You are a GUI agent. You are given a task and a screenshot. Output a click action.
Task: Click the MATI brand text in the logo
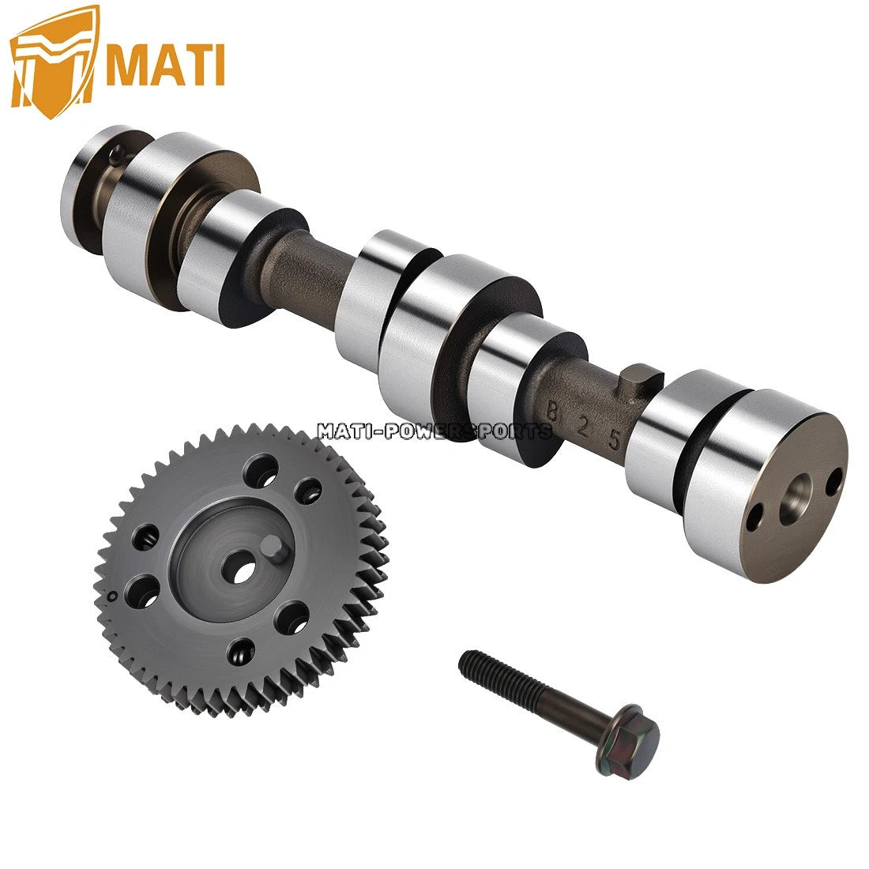164,65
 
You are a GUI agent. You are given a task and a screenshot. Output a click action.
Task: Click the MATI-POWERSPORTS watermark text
434,431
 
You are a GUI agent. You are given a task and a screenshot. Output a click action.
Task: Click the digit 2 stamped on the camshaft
582,427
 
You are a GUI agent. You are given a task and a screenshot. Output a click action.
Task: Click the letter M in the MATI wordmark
126,65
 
